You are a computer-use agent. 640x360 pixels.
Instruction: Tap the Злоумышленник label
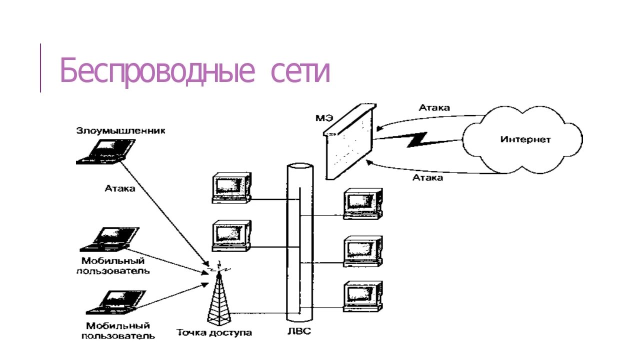[120, 131]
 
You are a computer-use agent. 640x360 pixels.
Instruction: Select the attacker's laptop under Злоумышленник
[106, 151]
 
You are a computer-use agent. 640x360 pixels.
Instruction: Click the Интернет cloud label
[525, 139]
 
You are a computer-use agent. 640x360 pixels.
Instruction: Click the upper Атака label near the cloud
[433, 107]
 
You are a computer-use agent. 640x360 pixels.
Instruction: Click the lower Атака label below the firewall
[427, 177]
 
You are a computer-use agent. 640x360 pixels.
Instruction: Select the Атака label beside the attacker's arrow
[119, 188]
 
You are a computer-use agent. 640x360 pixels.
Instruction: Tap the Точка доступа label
[214, 332]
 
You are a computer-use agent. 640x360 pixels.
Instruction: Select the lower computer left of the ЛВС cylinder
[230, 235]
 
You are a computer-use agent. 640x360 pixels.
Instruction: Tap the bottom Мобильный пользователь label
[118, 331]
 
